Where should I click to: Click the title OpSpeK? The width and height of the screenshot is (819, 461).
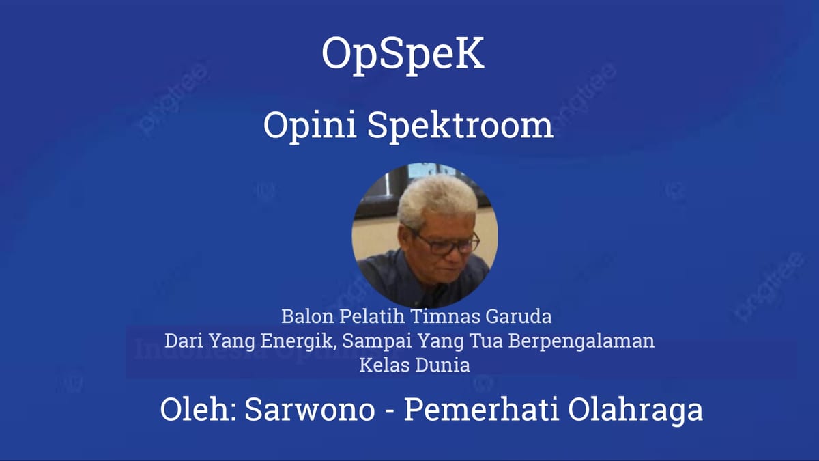tap(403, 55)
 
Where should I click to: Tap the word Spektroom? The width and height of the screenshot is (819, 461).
tap(461, 126)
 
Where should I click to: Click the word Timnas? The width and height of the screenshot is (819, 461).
tap(442, 317)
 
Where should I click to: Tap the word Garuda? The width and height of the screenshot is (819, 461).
tap(512, 317)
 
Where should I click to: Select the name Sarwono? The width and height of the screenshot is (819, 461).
tap(309, 410)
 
